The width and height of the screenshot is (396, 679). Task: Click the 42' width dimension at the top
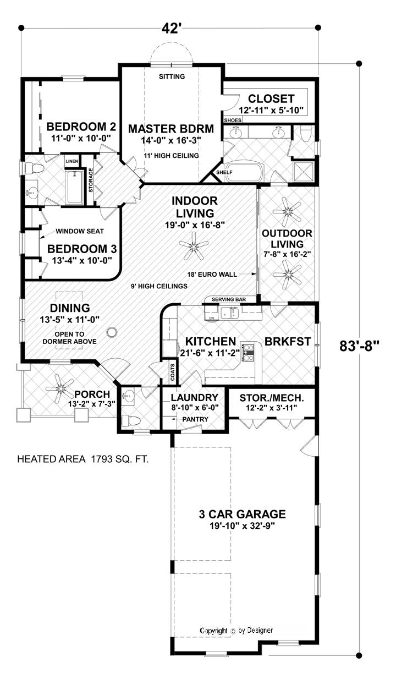pos(171,28)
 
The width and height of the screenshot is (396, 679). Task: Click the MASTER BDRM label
pos(163,129)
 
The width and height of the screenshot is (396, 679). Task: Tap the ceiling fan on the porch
pos(58,387)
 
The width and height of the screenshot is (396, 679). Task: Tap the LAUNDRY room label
pos(194,397)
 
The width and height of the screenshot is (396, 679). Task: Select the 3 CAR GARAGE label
pos(242,514)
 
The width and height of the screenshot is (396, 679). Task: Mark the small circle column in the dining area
pos(112,331)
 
